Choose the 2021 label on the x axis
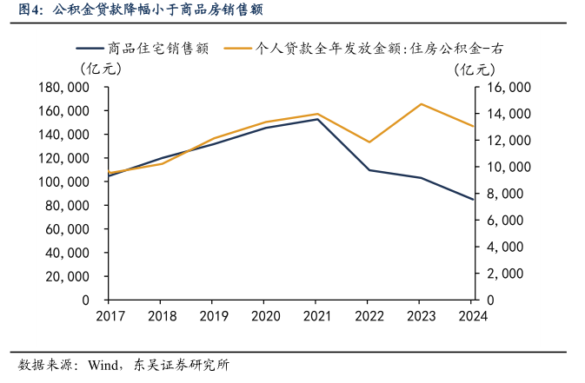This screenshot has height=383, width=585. [x=316, y=315]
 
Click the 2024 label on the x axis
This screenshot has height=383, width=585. [x=472, y=315]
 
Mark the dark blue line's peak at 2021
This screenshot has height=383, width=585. [x=316, y=119]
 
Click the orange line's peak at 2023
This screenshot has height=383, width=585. [x=421, y=104]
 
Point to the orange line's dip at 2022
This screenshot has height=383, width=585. [x=369, y=142]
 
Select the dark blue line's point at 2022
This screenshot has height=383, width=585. [x=369, y=170]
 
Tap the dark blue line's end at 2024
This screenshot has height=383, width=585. [x=473, y=200]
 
